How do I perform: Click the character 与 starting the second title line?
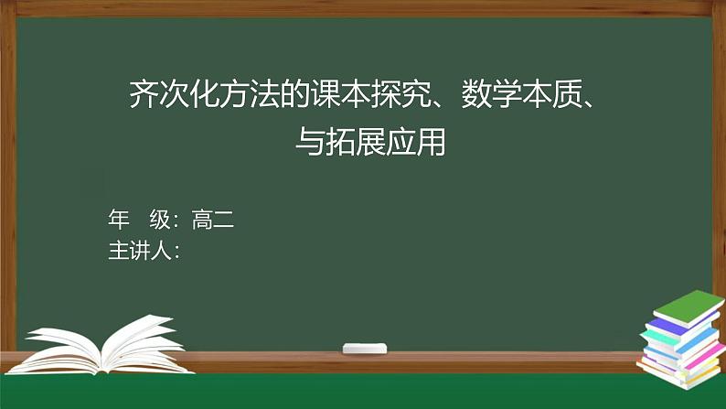click(x=309, y=142)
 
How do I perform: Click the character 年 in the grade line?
click(x=119, y=220)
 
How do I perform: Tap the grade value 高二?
click(x=213, y=220)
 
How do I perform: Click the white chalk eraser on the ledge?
click(x=364, y=349)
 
